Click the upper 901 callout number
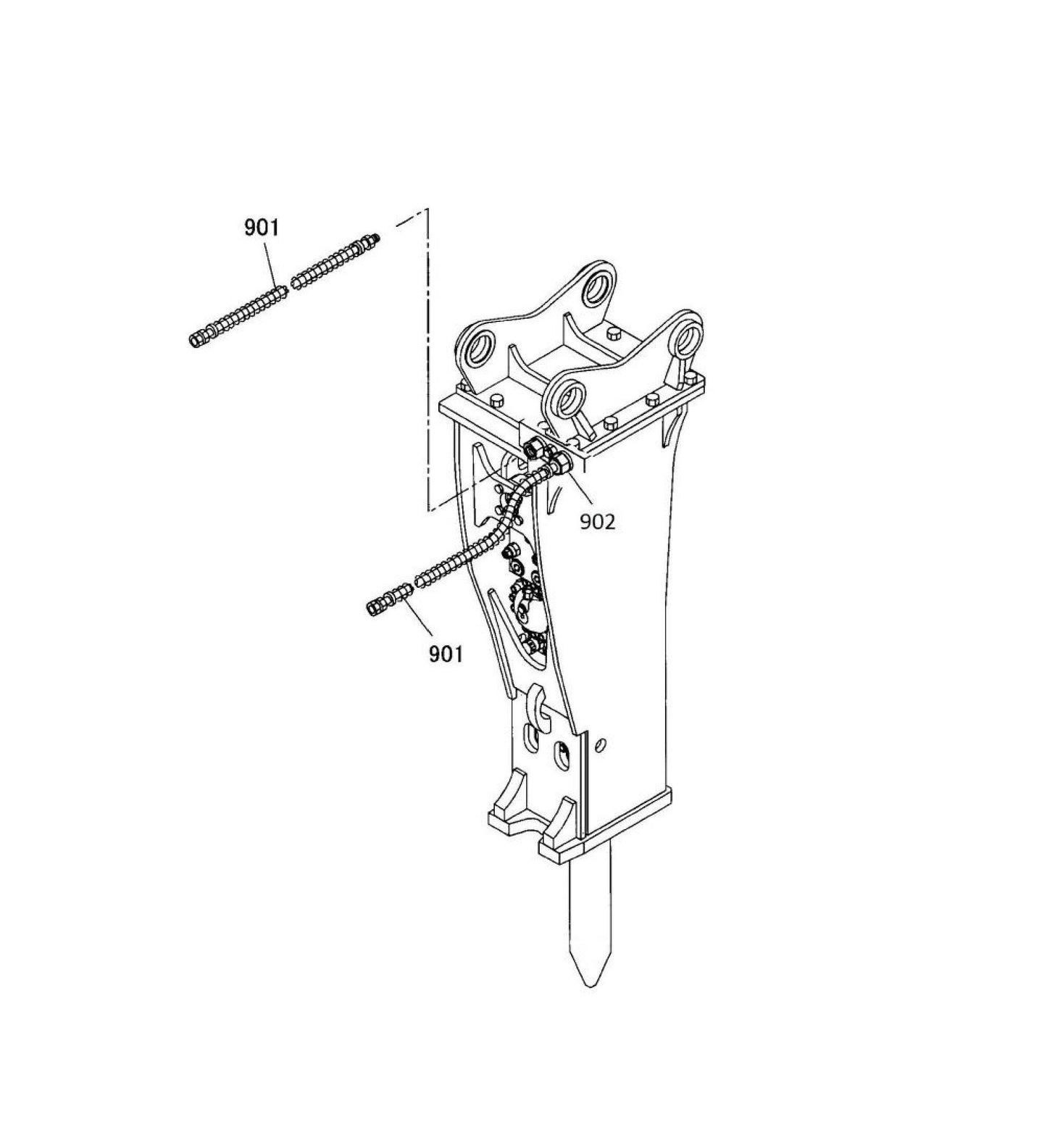click(261, 228)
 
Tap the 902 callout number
click(597, 521)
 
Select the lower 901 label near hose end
click(445, 654)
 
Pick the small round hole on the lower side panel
click(599, 744)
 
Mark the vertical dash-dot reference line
click(428, 362)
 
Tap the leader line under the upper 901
click(270, 265)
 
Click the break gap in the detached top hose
click(289, 287)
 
